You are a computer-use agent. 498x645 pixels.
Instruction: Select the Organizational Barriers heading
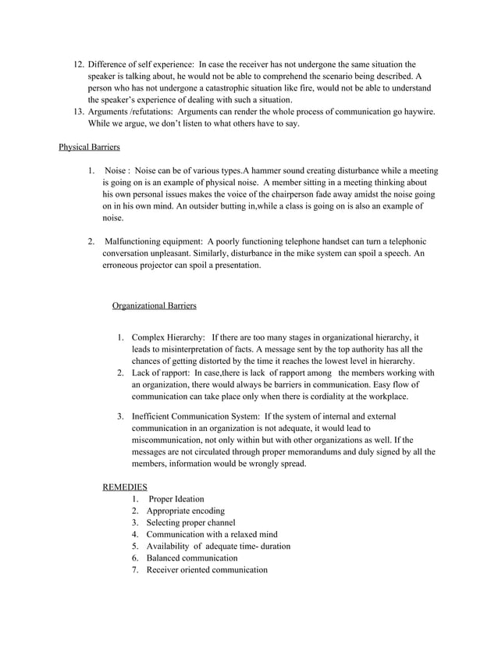(x=155, y=304)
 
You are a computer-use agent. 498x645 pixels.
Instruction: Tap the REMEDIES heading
(x=125, y=486)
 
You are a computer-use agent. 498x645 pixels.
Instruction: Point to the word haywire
(x=414, y=112)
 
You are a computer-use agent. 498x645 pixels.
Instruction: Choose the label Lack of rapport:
(x=162, y=372)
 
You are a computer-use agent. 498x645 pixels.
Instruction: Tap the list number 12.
(x=77, y=64)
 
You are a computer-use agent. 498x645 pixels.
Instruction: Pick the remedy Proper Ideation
(x=176, y=499)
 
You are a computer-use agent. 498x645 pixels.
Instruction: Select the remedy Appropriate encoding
(x=184, y=511)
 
